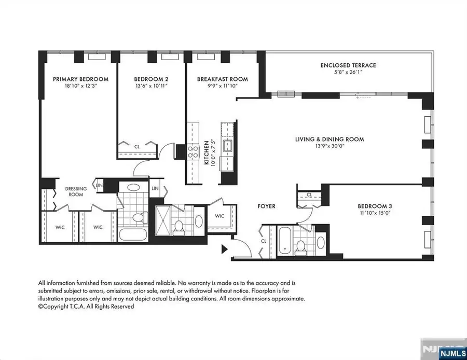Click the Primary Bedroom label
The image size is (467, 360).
click(x=80, y=79)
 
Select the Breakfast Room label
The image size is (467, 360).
click(x=222, y=79)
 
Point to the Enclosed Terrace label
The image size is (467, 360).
click(x=348, y=65)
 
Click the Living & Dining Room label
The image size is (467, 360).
click(x=329, y=139)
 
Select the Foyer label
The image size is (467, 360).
click(x=266, y=206)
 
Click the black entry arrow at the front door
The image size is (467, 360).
click(x=224, y=250)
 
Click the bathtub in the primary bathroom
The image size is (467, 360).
click(x=133, y=234)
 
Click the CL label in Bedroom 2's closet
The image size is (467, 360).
click(x=136, y=146)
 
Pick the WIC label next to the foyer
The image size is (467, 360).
click(x=219, y=216)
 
